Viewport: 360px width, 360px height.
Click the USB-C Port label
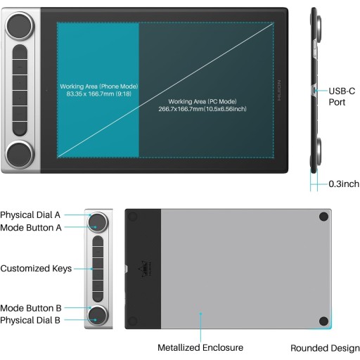pos(342,96)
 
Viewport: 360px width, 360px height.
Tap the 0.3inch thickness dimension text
pos(344,184)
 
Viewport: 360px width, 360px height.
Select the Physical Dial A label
pos(30,215)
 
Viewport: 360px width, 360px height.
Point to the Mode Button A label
pos(31,228)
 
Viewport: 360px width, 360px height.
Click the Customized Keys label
pos(36,269)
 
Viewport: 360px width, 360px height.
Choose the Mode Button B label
pos(31,308)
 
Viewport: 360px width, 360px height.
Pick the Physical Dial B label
pos(30,320)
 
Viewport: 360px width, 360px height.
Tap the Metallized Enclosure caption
pos(200,347)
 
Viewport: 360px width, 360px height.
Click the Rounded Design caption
pos(325,348)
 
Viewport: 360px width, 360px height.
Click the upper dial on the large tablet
pos(20,26)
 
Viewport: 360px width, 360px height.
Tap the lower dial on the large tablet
pos(20,155)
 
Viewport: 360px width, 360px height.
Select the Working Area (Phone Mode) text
pos(99,90)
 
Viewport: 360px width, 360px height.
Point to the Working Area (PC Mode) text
pos(202,105)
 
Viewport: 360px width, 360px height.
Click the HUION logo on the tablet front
pos(279,90)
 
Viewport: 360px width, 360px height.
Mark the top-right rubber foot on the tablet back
pos(323,217)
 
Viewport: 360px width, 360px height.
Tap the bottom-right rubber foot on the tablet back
pos(323,321)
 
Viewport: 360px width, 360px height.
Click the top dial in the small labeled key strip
pos(98,222)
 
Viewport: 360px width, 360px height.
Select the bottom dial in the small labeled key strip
pos(98,315)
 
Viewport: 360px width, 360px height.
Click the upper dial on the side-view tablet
pos(319,30)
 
